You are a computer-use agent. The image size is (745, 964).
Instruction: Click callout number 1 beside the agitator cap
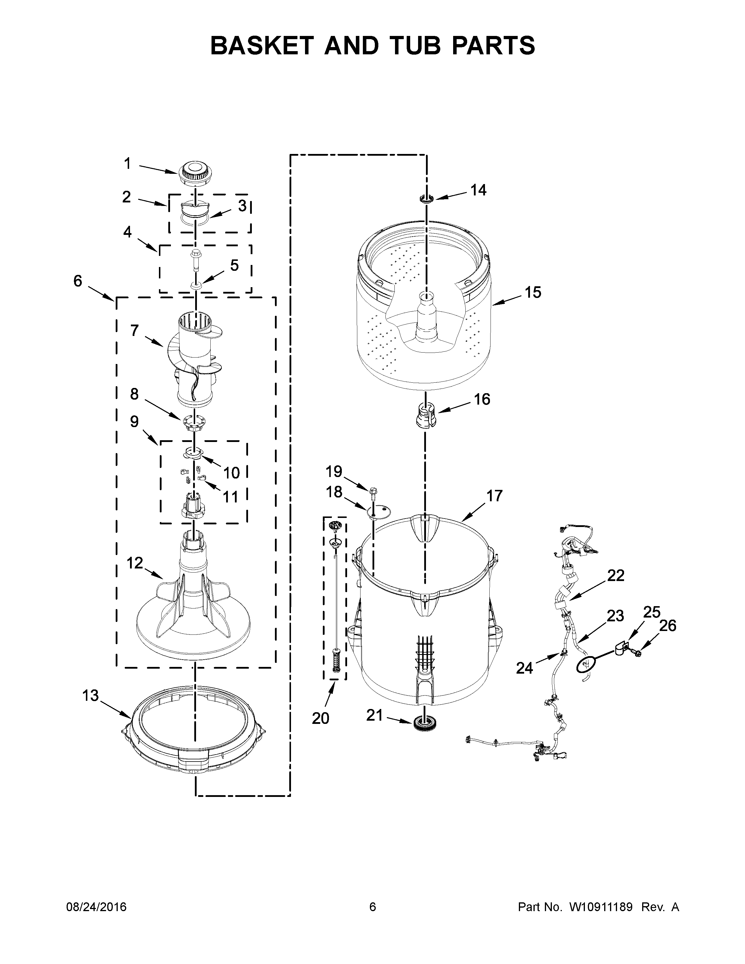pyautogui.click(x=127, y=164)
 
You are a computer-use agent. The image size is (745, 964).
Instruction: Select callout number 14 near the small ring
pyautogui.click(x=478, y=190)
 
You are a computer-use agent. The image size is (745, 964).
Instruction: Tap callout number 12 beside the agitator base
pyautogui.click(x=135, y=563)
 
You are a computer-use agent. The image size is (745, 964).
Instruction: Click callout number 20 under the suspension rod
pyautogui.click(x=320, y=718)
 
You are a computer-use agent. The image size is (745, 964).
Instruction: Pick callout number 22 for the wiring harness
pyautogui.click(x=616, y=575)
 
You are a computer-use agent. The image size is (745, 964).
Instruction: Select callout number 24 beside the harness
pyautogui.click(x=524, y=668)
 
